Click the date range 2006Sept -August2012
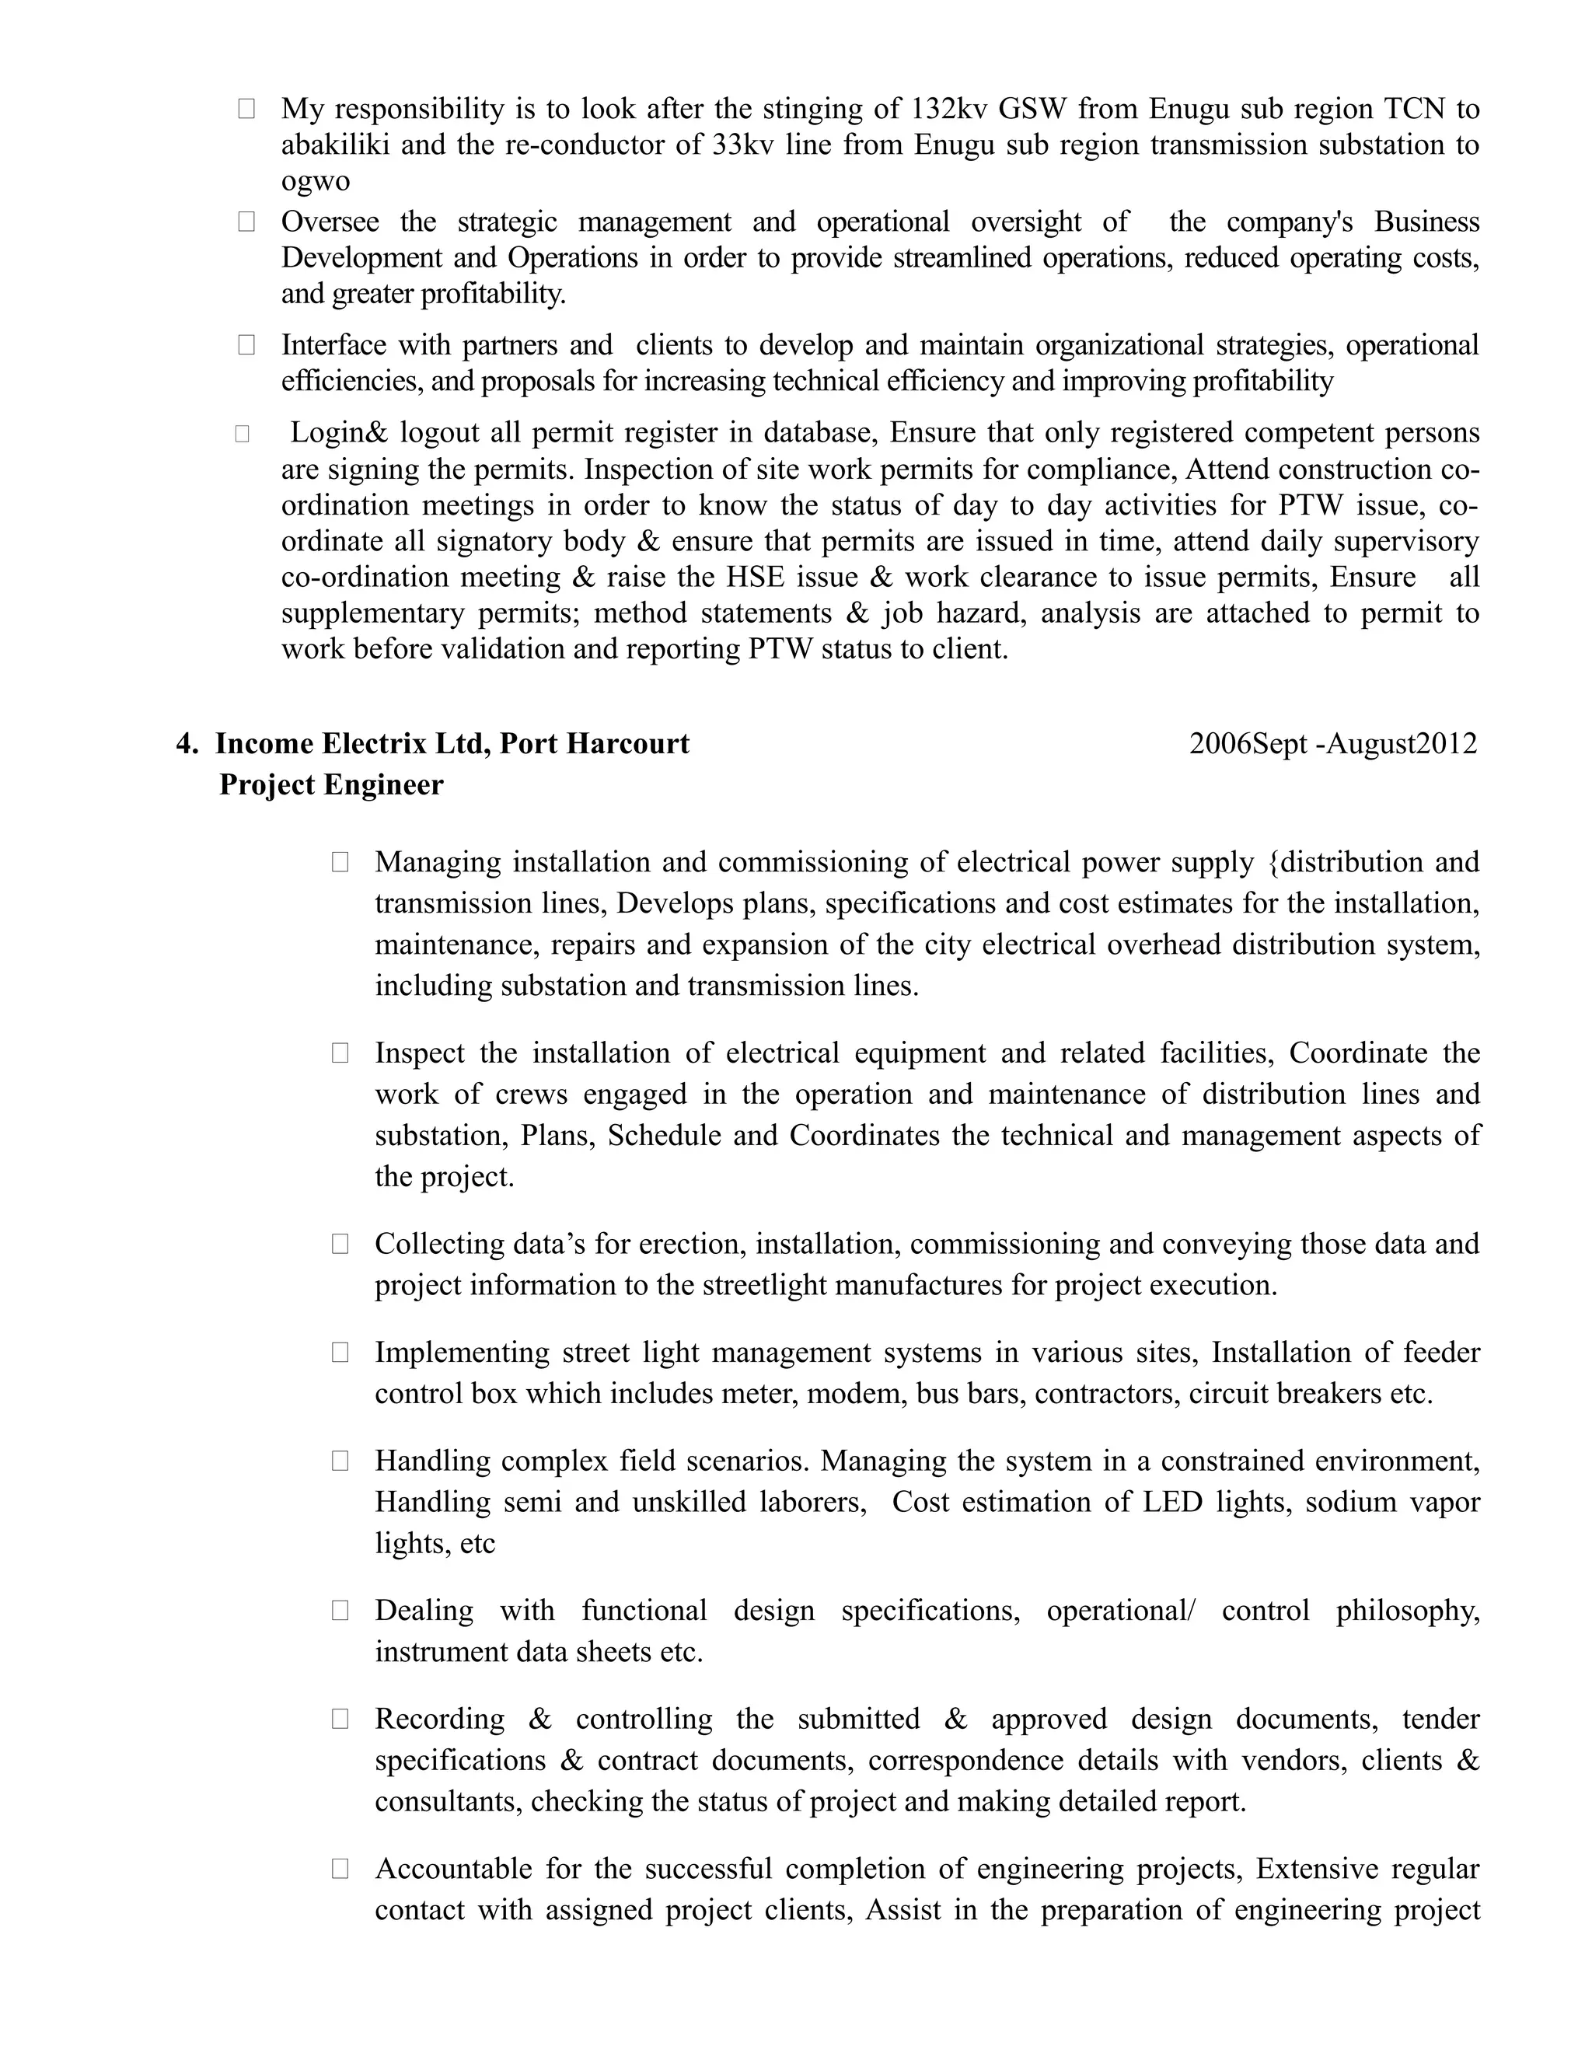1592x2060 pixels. click(x=1332, y=744)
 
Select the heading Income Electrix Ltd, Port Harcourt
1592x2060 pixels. click(x=452, y=744)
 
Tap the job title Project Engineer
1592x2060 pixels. click(x=331, y=785)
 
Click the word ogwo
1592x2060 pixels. click(x=315, y=181)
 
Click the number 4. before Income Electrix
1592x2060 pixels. click(x=187, y=744)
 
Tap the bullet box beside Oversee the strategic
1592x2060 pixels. click(x=246, y=222)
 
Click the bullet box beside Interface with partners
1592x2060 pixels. click(x=246, y=345)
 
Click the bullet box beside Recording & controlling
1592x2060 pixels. click(x=340, y=1719)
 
